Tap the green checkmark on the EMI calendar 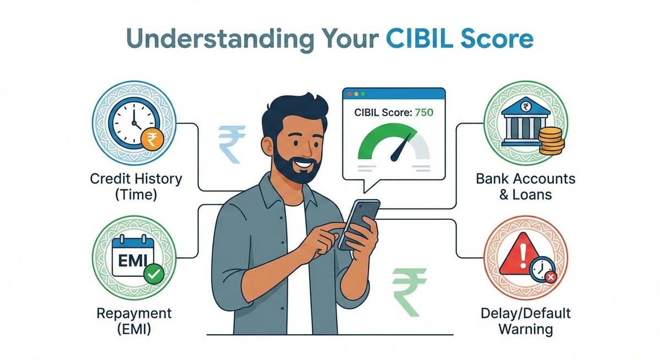click(x=151, y=273)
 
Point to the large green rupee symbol click(x=409, y=291)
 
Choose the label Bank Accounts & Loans click(x=525, y=186)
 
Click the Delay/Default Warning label click(x=526, y=322)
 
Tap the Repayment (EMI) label click(x=134, y=322)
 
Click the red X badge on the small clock click(x=551, y=278)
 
